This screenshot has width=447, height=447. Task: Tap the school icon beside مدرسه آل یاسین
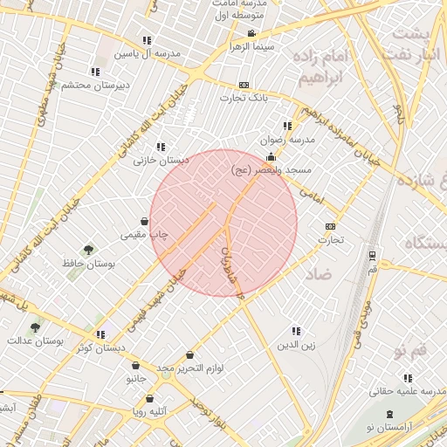coord(147,40)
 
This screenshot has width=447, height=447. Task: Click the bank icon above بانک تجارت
coord(244,85)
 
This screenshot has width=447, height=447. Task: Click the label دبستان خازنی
coord(162,160)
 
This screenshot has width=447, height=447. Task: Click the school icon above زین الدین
coord(295,332)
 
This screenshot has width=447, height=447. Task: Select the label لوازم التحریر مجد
coord(190,368)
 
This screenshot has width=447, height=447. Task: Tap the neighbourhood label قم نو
coord(409,350)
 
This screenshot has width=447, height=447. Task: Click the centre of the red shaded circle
coord(223,223)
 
